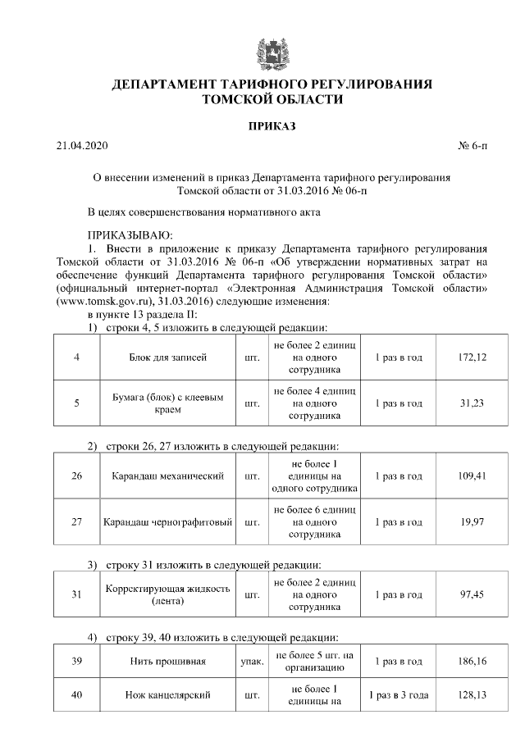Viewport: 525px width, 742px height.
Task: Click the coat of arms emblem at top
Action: coord(271,50)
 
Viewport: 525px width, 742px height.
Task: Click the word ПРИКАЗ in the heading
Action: coord(271,126)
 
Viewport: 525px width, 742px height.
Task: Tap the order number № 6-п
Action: coord(472,147)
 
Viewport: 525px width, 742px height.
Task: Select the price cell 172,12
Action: coord(473,357)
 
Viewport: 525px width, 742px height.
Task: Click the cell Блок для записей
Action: coord(167,357)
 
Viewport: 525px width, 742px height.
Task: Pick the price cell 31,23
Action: coord(473,403)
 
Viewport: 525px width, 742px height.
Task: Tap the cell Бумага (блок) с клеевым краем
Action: coord(167,403)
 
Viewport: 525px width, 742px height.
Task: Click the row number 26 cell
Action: coord(76,476)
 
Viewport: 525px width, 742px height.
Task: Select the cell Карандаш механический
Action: coord(167,476)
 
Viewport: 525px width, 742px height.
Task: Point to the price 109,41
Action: coord(473,476)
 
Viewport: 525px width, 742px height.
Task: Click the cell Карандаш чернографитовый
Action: coord(167,522)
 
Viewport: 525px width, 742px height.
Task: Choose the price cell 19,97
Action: coord(473,522)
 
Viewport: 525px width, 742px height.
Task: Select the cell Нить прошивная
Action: coord(167,661)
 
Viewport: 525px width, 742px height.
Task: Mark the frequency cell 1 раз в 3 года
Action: coord(398,695)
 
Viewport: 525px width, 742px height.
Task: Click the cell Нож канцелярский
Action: coord(167,695)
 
